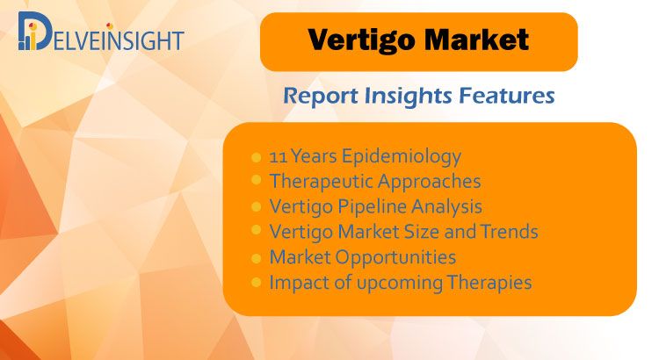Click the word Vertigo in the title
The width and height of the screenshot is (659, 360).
click(362, 41)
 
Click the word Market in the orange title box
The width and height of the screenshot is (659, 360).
click(476, 40)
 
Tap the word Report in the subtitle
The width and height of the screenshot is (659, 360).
click(321, 97)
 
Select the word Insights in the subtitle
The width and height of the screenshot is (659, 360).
click(407, 97)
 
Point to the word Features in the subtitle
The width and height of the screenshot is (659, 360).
click(506, 96)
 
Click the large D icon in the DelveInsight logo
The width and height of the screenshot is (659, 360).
click(33, 31)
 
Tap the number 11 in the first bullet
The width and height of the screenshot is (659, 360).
click(278, 156)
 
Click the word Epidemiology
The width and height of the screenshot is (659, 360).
click(402, 157)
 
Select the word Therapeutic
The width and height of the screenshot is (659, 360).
click(321, 182)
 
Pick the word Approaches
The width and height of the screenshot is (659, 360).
click(429, 182)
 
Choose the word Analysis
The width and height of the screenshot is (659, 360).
click(446, 207)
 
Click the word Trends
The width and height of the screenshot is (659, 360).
click(509, 232)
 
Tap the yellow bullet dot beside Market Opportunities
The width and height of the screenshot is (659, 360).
click(256, 258)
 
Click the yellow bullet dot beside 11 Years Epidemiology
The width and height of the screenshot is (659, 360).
click(256, 157)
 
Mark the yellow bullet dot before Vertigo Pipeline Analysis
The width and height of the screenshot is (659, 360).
click(256, 206)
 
